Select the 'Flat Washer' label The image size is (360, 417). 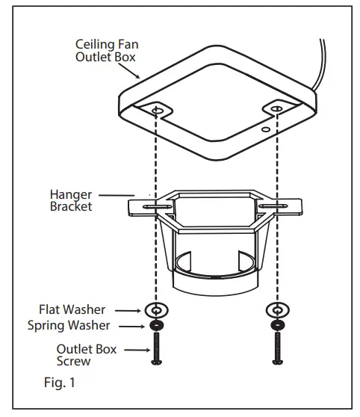click(73, 309)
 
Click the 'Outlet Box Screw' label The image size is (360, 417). click(87, 356)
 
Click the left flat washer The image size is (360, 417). click(155, 309)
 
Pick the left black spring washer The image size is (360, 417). click(155, 326)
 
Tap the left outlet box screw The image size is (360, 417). click(155, 349)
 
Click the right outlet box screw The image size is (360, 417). click(278, 349)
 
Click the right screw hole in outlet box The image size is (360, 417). click(277, 110)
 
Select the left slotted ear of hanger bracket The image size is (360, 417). click(146, 206)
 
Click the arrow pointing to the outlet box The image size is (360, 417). click(134, 71)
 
